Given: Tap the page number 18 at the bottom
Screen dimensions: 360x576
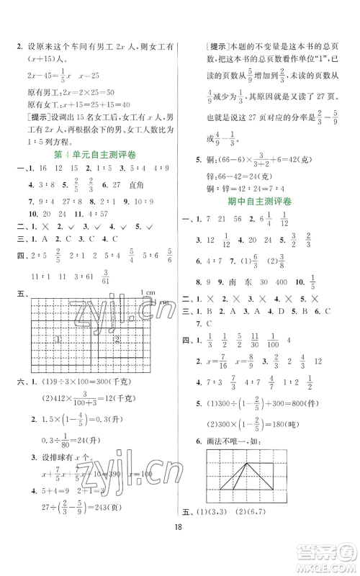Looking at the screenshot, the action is click(x=180, y=546).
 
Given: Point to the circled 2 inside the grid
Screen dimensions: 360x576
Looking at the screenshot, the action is click(x=115, y=338).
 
